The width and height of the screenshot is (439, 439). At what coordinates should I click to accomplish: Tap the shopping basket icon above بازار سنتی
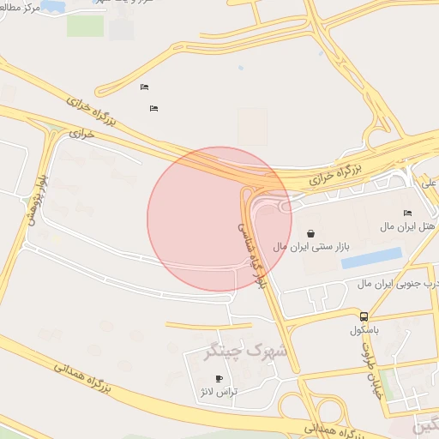[310, 233]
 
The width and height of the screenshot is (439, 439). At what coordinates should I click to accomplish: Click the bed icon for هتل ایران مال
[407, 213]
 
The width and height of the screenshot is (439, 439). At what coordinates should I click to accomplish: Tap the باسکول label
[364, 329]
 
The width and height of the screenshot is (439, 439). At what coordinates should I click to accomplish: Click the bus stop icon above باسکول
[364, 316]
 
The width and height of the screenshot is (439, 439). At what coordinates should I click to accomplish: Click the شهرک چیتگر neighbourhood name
[245, 350]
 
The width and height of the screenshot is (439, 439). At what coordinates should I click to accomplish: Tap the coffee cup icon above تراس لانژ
[219, 379]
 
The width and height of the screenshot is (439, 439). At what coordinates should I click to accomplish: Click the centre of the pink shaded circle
[219, 219]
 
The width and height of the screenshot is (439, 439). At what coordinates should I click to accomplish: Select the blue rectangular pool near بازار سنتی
[371, 258]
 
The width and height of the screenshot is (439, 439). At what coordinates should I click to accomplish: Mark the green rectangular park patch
[85, 26]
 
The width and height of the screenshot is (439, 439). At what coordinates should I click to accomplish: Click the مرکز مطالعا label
[20, 9]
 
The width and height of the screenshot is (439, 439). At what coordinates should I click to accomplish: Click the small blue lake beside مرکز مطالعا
[53, 7]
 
